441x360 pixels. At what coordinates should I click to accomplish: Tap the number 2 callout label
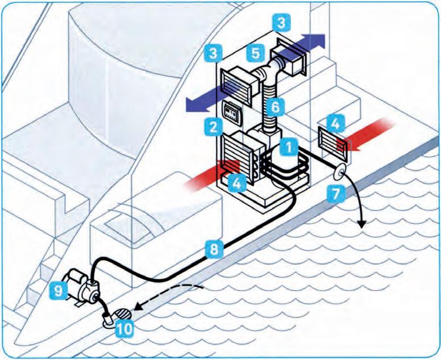pyautogui.click(x=214, y=126)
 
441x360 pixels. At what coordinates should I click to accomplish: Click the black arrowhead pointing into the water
pyautogui.click(x=361, y=224)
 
